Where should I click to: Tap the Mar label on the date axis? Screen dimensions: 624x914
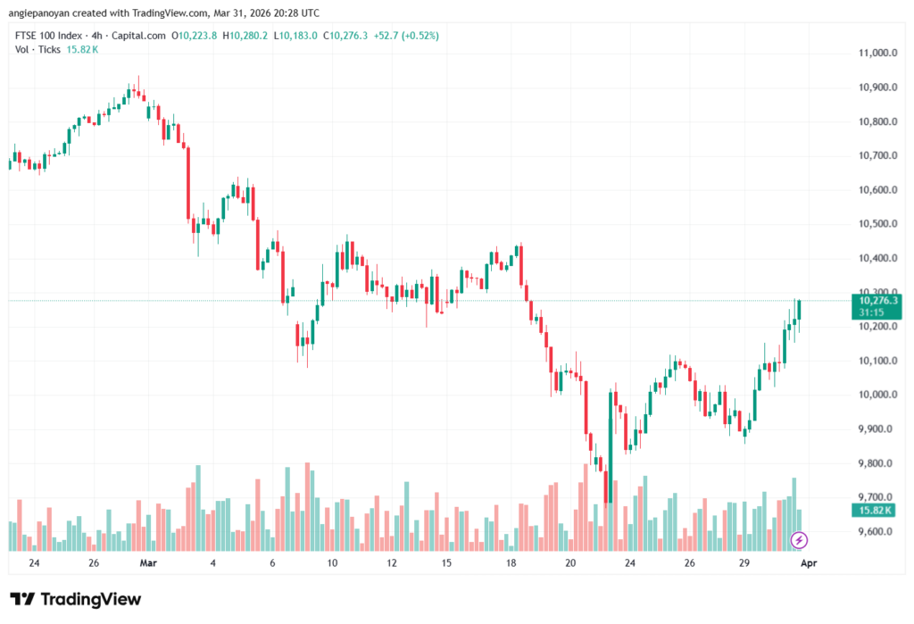(x=148, y=563)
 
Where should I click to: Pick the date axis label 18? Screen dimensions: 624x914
(x=511, y=563)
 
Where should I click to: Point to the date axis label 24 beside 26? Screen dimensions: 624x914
(x=34, y=563)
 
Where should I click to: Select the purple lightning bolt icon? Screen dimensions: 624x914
(x=800, y=540)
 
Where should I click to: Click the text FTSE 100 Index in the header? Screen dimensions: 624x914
(x=50, y=36)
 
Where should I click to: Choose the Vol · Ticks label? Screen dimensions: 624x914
(x=37, y=49)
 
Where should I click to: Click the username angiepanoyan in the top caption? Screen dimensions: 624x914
(x=43, y=12)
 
